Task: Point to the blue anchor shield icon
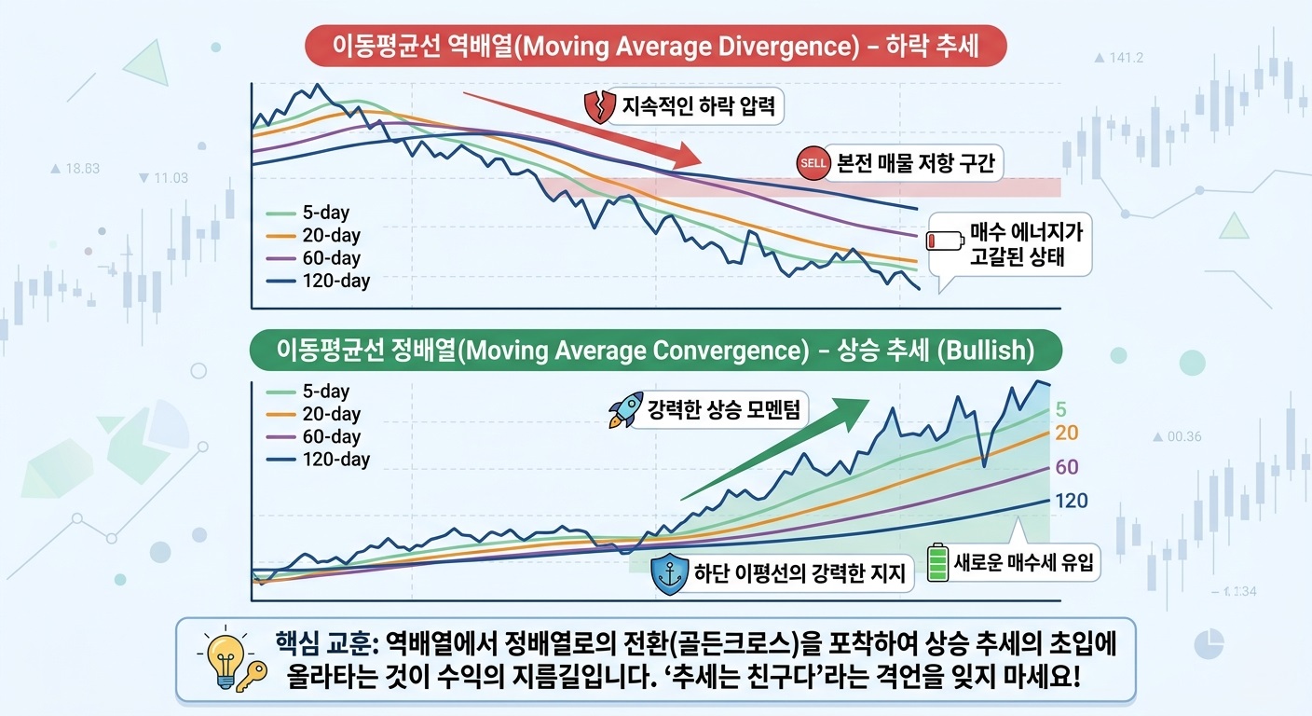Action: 667,571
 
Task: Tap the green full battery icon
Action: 936,563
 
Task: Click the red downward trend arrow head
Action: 690,157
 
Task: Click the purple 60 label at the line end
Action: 1066,467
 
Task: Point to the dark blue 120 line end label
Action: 1071,502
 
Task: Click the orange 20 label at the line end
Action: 1066,433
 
